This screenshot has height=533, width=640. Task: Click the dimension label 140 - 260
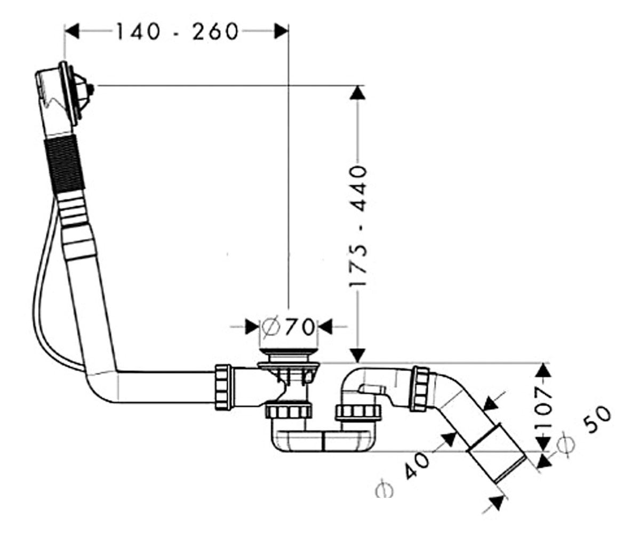tap(177, 32)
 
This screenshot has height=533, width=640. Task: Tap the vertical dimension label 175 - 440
tap(358, 226)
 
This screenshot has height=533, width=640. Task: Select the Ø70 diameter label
tap(288, 327)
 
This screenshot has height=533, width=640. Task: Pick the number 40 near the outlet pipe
tap(418, 466)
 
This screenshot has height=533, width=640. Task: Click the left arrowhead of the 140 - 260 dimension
tap(71, 31)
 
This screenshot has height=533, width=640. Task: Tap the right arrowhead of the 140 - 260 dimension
tap(281, 31)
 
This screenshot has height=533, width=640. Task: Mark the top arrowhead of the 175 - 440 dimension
tap(358, 92)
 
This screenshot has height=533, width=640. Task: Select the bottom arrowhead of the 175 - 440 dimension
tap(358, 356)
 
